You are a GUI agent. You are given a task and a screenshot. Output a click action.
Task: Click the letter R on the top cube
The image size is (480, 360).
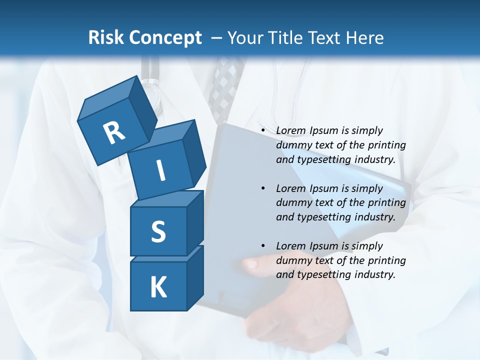tap(114, 133)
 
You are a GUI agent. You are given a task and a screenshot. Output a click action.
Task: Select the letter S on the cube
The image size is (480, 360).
tap(158, 231)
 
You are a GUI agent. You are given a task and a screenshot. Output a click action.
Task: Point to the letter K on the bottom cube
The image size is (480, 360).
tap(158, 287)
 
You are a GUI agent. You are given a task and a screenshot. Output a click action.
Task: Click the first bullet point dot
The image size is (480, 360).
tap(263, 130)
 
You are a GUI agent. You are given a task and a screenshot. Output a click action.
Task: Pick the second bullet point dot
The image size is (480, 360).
tap(263, 188)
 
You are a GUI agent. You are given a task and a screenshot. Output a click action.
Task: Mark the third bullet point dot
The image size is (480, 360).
tap(263, 246)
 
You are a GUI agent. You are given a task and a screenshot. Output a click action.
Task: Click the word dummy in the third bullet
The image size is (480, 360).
tap(291, 260)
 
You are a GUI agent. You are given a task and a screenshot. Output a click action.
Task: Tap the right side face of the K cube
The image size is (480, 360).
tap(195, 277)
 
